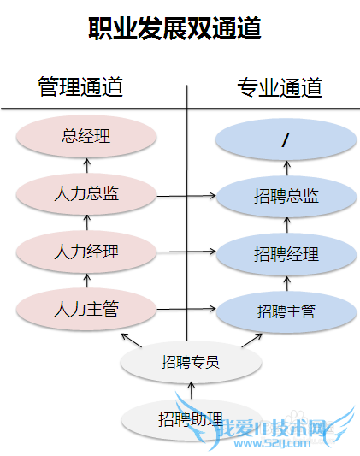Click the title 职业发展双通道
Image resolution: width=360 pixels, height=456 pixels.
click(x=174, y=28)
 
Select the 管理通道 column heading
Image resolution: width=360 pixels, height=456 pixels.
click(x=80, y=86)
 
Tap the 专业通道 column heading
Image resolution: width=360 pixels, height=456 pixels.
click(x=280, y=86)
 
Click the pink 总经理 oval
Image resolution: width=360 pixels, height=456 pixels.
click(x=86, y=136)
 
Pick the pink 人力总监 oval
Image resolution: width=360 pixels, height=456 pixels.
click(x=86, y=193)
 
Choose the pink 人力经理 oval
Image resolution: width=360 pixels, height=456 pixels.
click(x=86, y=252)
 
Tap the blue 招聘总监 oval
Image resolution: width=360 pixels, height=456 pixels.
click(x=286, y=196)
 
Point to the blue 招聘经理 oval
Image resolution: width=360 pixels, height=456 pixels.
click(x=286, y=254)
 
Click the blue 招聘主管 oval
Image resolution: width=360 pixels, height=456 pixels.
click(x=286, y=311)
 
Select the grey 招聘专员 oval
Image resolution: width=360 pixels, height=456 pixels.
click(x=191, y=362)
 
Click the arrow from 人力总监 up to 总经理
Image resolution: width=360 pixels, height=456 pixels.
click(x=86, y=165)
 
